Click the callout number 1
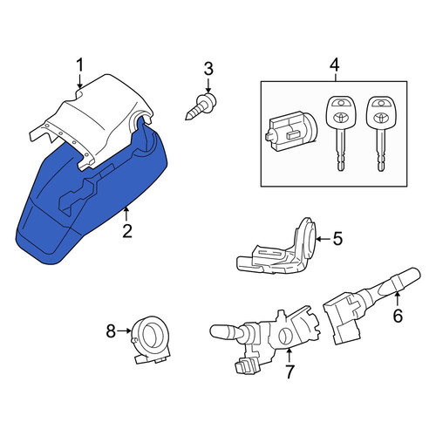(x=79, y=65)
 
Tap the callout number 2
(x=127, y=231)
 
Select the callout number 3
(x=208, y=69)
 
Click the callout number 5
(x=337, y=238)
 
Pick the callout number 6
(x=398, y=316)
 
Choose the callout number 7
(x=290, y=371)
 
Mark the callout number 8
(x=111, y=330)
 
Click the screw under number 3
(x=201, y=106)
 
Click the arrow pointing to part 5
(x=324, y=239)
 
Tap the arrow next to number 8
(x=125, y=330)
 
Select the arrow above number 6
(x=398, y=299)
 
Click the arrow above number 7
(x=290, y=355)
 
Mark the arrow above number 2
(x=126, y=214)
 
